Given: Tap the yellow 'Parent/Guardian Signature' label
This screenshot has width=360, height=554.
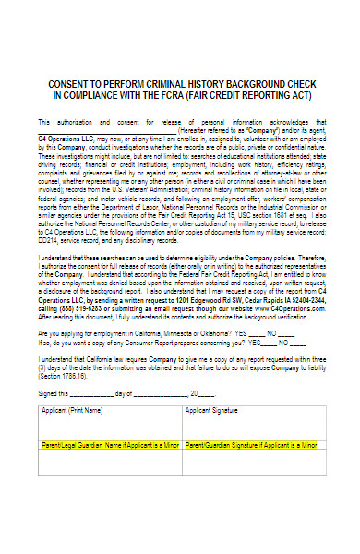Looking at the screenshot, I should [x=252, y=446].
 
